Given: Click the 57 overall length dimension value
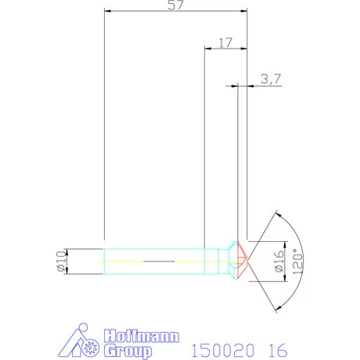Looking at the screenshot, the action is [x=175, y=5].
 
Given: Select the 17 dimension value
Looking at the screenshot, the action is [x=225, y=43].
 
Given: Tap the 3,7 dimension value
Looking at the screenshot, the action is [x=271, y=79].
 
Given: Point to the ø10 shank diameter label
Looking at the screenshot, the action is [x=61, y=261].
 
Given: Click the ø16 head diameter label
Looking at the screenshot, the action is [x=279, y=261].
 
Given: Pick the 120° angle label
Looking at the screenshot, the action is [x=298, y=261].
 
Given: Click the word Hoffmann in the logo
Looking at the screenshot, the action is [x=142, y=336].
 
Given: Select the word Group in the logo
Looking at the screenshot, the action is [x=128, y=351].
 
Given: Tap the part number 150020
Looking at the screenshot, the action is [x=222, y=350].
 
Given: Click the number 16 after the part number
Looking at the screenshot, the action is [x=278, y=350].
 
